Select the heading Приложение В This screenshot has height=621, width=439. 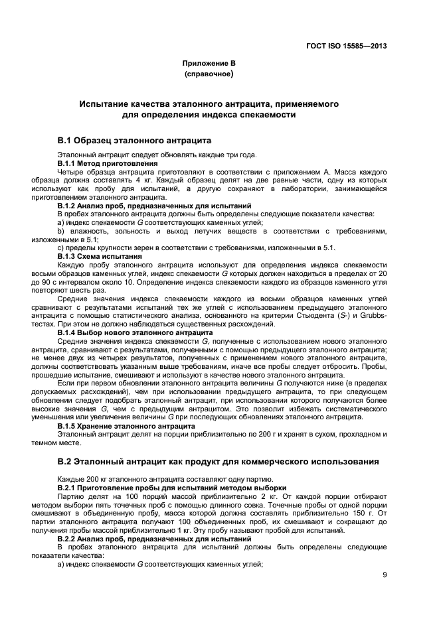[x=209, y=64]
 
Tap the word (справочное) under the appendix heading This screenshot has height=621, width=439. [x=209, y=75]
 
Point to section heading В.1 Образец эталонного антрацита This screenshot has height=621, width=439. [x=134, y=141]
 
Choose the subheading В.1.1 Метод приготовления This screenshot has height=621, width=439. [x=108, y=163]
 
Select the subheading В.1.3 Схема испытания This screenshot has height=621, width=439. [x=100, y=256]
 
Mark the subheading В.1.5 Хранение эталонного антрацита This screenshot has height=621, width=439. [x=126, y=425]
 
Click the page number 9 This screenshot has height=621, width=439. [x=385, y=575]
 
